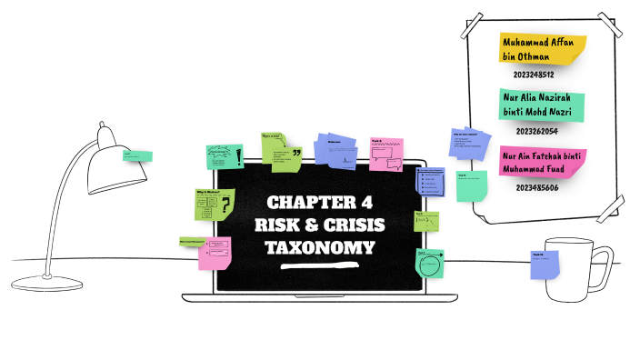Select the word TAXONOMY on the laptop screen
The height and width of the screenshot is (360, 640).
tap(319, 246)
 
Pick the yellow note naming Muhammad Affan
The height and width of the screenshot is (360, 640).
tap(540, 49)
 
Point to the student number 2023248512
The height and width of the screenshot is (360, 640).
tap(534, 75)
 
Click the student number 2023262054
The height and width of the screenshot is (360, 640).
tap(535, 131)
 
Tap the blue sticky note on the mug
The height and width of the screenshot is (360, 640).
tap(544, 264)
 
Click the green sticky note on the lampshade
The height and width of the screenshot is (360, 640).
tap(137, 156)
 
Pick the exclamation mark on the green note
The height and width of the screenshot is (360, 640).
tap(239, 157)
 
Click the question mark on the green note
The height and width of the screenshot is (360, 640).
tap(225, 206)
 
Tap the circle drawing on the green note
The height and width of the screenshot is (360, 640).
tap(430, 266)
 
